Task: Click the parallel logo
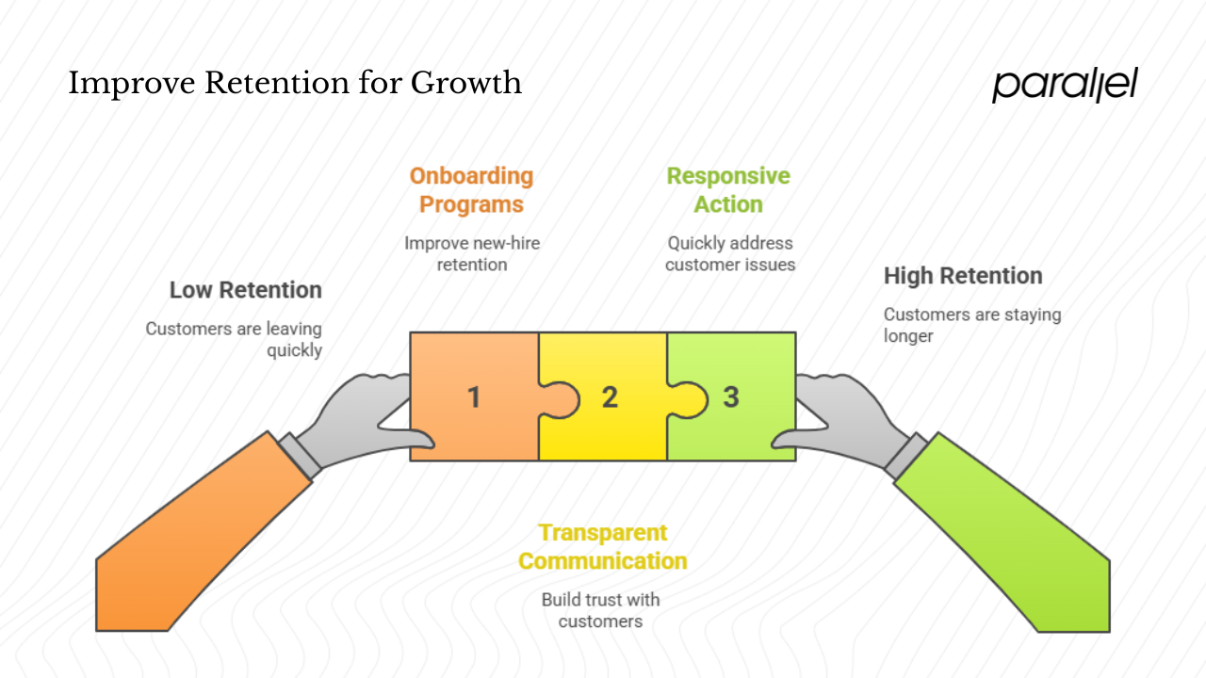point(1065,85)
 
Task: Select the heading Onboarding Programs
point(471,190)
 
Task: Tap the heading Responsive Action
point(728,190)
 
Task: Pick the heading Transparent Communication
point(602,547)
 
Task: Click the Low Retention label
point(246,290)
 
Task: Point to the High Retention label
point(963,276)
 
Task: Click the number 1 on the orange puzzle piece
point(474,397)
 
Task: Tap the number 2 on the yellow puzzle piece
point(610,397)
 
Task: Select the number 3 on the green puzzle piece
point(731,397)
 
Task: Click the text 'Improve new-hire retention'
point(472,253)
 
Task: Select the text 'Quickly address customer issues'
point(730,253)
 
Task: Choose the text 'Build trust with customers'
point(600,610)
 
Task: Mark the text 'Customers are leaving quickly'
point(234,339)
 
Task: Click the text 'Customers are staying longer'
point(971,325)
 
